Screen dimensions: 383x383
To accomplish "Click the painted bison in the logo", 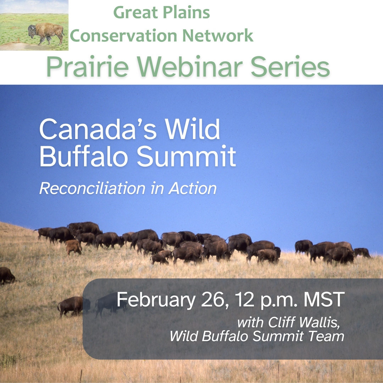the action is point(46,33).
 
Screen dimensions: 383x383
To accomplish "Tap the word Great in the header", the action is point(135,12).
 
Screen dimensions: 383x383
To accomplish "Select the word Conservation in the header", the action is point(123,36).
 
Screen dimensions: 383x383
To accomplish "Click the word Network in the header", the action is point(218,36).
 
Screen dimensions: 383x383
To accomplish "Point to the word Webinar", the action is point(189,66).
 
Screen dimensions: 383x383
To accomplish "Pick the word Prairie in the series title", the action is point(88,66).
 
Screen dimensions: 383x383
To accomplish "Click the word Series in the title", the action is point(290,66).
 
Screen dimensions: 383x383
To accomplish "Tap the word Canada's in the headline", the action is point(98,129).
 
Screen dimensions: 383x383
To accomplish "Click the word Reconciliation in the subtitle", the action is point(92,188).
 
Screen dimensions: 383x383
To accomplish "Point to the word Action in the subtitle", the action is point(193,188).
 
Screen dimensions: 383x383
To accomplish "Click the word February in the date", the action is point(156,300).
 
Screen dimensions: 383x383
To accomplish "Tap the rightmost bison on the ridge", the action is point(362,252).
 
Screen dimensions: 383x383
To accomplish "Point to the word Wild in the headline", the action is point(192,129).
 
